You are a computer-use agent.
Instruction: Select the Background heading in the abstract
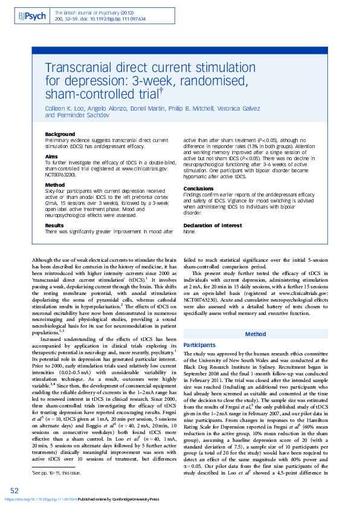pos(60,134)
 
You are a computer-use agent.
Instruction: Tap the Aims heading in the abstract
pos(52,156)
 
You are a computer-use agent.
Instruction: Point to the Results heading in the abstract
pos(56,224)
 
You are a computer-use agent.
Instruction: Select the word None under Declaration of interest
pos(189,231)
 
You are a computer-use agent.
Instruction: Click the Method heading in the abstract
pos(54,184)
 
